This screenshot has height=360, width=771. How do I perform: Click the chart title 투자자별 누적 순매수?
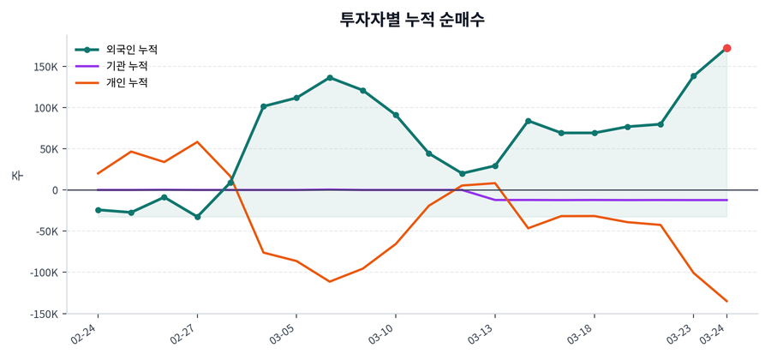pyautogui.click(x=412, y=19)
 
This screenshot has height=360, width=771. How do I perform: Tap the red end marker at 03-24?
pyautogui.click(x=726, y=48)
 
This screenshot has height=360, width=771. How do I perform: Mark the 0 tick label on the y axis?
pyautogui.click(x=54, y=190)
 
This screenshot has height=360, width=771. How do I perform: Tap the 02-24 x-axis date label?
pyautogui.click(x=86, y=334)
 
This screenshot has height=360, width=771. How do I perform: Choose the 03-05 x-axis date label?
pyautogui.click(x=284, y=334)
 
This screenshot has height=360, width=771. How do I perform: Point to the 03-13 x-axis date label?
pyautogui.click(x=482, y=334)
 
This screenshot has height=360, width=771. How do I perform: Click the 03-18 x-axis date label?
pyautogui.click(x=582, y=334)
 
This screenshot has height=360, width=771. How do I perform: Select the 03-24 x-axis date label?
pyautogui.click(x=714, y=334)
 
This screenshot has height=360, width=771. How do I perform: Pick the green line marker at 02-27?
pyautogui.click(x=197, y=217)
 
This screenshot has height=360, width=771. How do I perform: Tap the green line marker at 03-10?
pyautogui.click(x=396, y=115)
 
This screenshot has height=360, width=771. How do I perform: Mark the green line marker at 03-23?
pyautogui.click(x=694, y=76)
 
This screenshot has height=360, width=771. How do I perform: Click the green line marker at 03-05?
pyautogui.click(x=296, y=98)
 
